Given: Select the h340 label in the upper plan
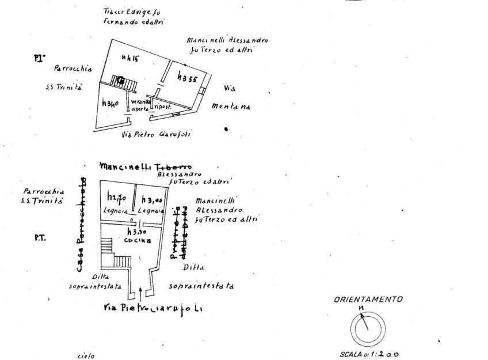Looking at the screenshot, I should click(x=110, y=104).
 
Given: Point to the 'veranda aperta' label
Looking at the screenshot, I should click(x=141, y=105).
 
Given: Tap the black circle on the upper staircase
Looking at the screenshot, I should click(x=121, y=80).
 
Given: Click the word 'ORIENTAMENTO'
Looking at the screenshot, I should click(x=368, y=300).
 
